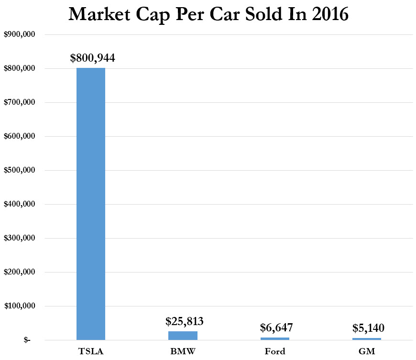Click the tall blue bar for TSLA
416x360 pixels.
[x=91, y=204]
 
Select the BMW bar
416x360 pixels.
[x=183, y=336]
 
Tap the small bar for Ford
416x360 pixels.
[x=275, y=338]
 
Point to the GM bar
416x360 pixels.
[x=367, y=339]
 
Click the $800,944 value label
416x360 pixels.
[x=92, y=58]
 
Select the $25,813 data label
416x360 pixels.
[x=185, y=321]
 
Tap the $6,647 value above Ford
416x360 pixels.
[x=276, y=327]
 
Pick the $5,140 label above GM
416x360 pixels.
[x=368, y=328]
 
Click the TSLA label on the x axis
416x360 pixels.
[x=91, y=352]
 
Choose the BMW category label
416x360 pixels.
[x=183, y=352]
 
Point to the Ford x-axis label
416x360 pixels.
[x=275, y=352]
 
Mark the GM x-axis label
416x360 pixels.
[x=367, y=352]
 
